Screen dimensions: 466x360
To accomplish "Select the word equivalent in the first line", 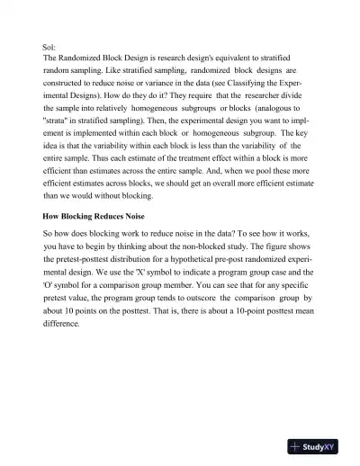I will tap(229, 56).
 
